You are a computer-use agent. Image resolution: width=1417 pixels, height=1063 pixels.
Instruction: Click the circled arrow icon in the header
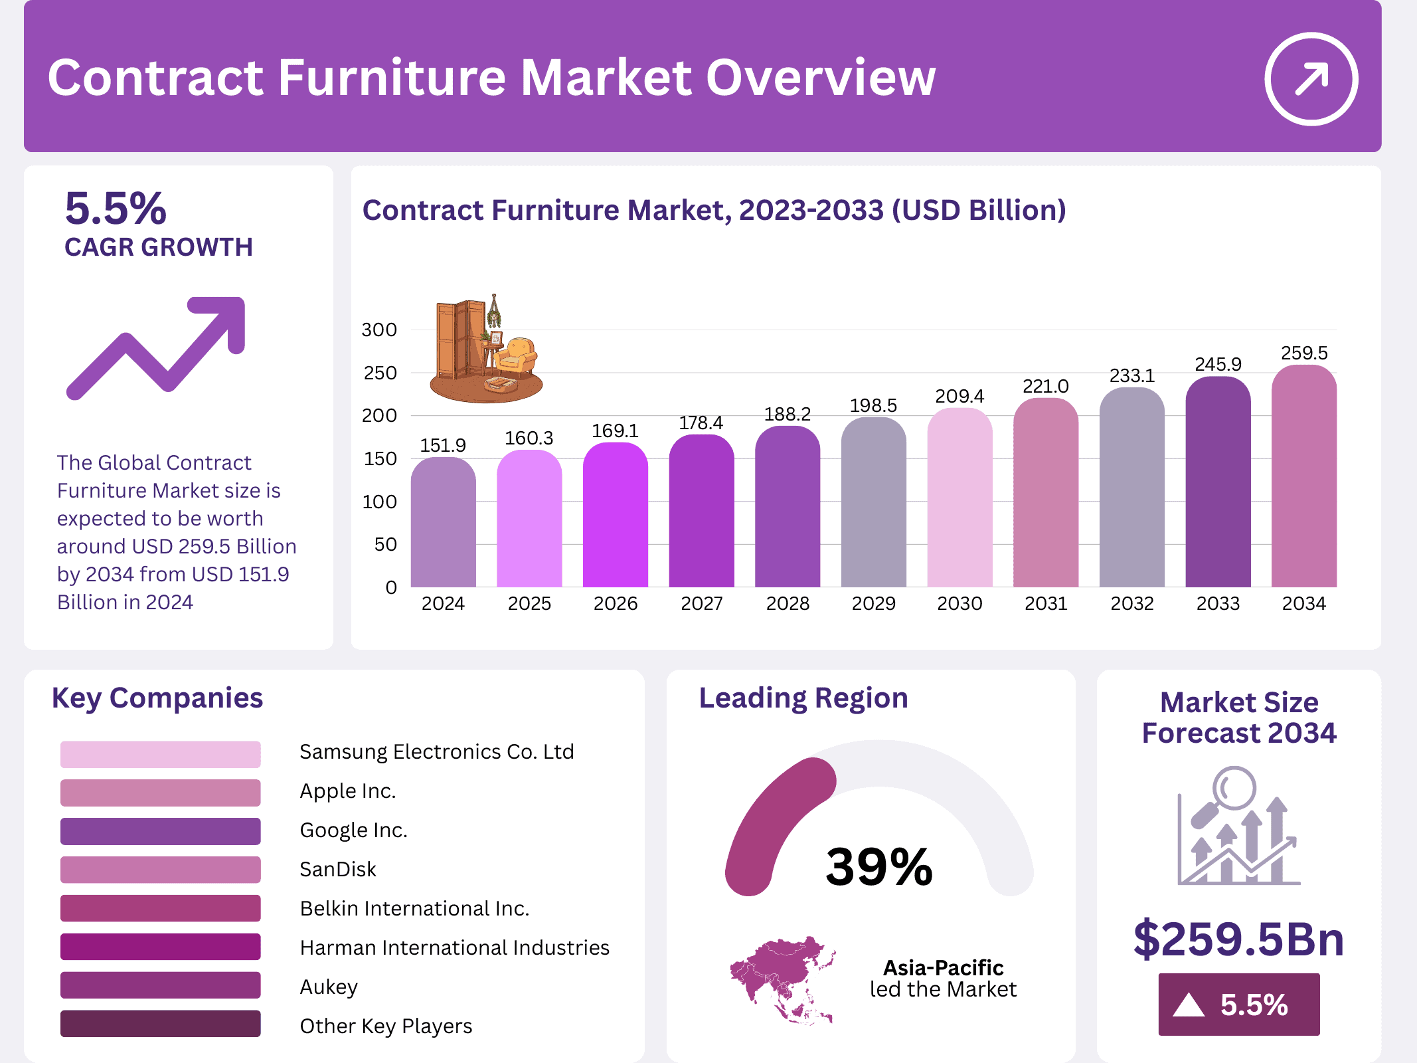(1311, 79)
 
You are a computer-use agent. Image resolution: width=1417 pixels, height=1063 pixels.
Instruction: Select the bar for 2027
(701, 512)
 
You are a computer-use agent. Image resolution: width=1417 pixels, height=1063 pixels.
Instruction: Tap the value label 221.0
(1045, 386)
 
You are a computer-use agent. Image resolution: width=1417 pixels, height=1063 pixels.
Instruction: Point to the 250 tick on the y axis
(380, 373)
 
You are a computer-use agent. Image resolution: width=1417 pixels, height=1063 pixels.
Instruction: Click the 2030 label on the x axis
(959, 603)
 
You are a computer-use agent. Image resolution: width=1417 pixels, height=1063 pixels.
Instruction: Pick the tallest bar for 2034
(1303, 478)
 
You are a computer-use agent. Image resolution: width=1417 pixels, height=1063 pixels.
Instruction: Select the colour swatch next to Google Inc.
(160, 830)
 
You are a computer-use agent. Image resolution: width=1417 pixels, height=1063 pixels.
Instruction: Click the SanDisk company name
(337, 869)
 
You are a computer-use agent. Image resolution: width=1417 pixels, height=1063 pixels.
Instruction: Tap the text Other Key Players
(386, 1026)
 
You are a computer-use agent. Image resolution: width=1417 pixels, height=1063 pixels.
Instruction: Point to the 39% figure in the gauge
(878, 866)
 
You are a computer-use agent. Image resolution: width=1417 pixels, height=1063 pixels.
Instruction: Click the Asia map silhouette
(780, 977)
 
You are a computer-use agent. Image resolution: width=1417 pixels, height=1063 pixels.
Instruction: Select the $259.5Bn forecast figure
(1238, 939)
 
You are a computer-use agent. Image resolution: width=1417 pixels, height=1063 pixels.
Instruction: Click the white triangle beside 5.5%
(1188, 1005)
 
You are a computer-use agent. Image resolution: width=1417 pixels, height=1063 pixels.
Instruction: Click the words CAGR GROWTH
(158, 247)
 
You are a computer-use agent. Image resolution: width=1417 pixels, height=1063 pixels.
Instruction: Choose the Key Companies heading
(157, 698)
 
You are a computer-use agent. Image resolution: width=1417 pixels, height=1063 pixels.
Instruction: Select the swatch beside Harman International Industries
(160, 947)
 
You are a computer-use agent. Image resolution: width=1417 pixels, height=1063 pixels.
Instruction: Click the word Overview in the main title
(821, 78)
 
